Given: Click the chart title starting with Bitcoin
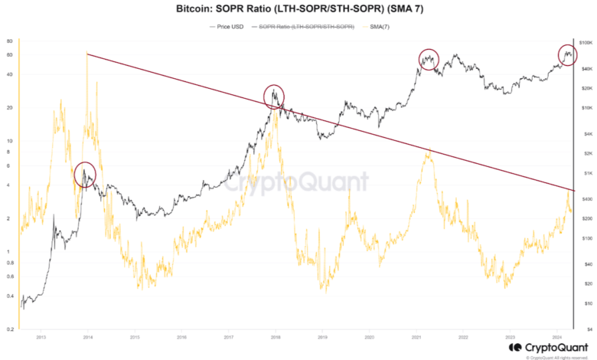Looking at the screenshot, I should tap(298, 8).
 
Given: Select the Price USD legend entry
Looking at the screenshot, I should tap(228, 26).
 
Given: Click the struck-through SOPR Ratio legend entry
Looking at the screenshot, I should tap(305, 26).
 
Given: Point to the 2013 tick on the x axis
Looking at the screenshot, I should tap(41, 336).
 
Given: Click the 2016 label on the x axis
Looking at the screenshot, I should tap(181, 336).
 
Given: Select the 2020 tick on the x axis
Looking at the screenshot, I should tap(369, 336).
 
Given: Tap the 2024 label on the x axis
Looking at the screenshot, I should tap(556, 336).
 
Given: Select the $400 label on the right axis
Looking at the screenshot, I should tap(586, 198).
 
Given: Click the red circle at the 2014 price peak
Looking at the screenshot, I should tap(85, 174).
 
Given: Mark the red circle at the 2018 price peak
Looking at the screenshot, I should tap(274, 96).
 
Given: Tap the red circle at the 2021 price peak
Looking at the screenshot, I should tap(429, 58).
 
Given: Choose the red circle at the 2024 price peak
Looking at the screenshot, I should tap(567, 54).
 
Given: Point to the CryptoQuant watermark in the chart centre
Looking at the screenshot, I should tap(298, 182).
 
